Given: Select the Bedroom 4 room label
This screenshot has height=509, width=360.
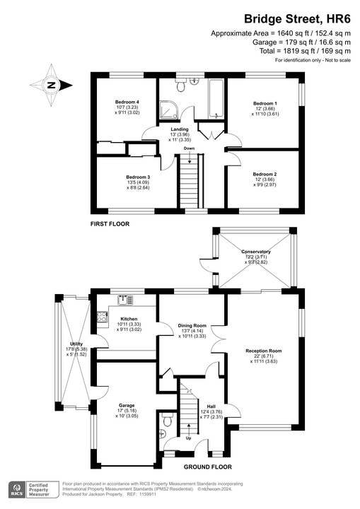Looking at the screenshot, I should [127, 102].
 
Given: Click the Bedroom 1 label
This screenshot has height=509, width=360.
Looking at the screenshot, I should [265, 103].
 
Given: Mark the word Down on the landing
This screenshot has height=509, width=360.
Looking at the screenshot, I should [189, 149].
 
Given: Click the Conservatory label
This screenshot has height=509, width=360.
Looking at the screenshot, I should [256, 252].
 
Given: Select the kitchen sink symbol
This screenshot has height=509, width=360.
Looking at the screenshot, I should [125, 300].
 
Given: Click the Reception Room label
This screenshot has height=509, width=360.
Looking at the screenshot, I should [264, 351].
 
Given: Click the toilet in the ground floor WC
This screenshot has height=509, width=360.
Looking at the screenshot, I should [167, 421].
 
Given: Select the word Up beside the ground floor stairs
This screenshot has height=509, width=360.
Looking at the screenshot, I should [188, 439].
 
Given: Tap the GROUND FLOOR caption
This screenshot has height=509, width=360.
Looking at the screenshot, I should [209, 468].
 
